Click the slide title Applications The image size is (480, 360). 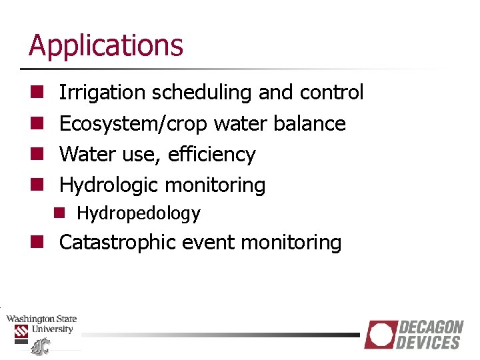pyautogui.click(x=105, y=45)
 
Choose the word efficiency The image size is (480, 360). pyautogui.click(x=211, y=154)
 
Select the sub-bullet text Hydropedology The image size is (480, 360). pyautogui.click(x=138, y=213)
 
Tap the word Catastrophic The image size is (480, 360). pyautogui.click(x=122, y=242)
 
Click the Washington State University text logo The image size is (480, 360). pyautogui.click(x=41, y=324)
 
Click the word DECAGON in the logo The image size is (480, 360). pyautogui.click(x=431, y=327)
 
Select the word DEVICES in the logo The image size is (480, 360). pyautogui.click(x=429, y=343)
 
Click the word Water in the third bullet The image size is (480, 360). pyautogui.click(x=79, y=154)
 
